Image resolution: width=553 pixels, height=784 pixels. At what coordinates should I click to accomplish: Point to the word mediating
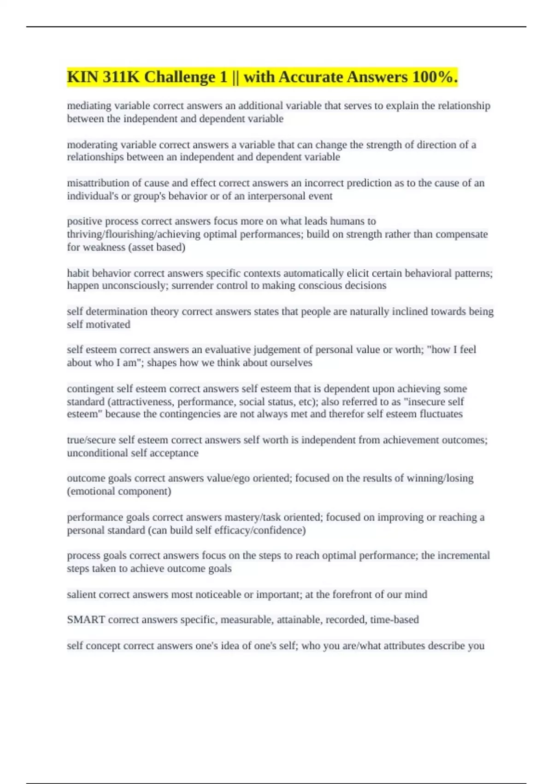tap(89, 106)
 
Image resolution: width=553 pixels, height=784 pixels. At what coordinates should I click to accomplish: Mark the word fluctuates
tap(441, 414)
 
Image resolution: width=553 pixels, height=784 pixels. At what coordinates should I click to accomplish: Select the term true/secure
tap(91, 440)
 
